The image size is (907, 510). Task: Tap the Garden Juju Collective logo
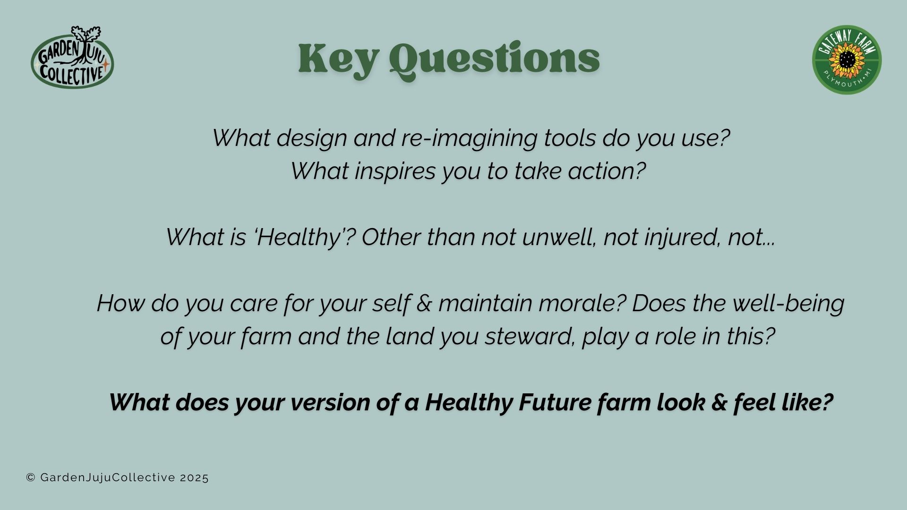point(72,57)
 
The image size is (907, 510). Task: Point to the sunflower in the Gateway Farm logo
point(847,60)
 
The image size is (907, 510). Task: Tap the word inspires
point(395,171)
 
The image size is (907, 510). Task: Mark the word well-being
point(788,304)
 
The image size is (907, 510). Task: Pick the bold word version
point(330,403)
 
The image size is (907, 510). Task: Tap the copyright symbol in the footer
point(31,478)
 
